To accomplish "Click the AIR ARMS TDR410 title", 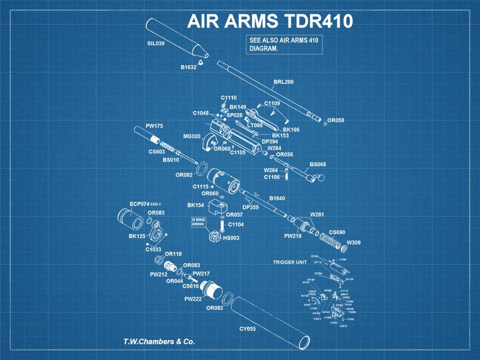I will tap(270, 22).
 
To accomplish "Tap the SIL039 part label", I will tap(156, 44).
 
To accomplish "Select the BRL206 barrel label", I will tap(284, 82).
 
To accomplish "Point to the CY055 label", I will tap(248, 328).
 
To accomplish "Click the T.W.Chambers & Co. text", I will tap(159, 342).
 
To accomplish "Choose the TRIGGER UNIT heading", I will tap(290, 262).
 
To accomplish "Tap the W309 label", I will tap(354, 243).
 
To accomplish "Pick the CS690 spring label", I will tap(337, 232).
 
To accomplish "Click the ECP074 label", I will tap(139, 204).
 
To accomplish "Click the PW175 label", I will tap(154, 126).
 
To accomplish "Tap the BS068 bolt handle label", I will tap(318, 164).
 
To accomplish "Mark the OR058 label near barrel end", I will tap(336, 120).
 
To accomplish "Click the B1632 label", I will tap(188, 67).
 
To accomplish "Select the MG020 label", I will tap(192, 136).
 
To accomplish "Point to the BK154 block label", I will tap(195, 205).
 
